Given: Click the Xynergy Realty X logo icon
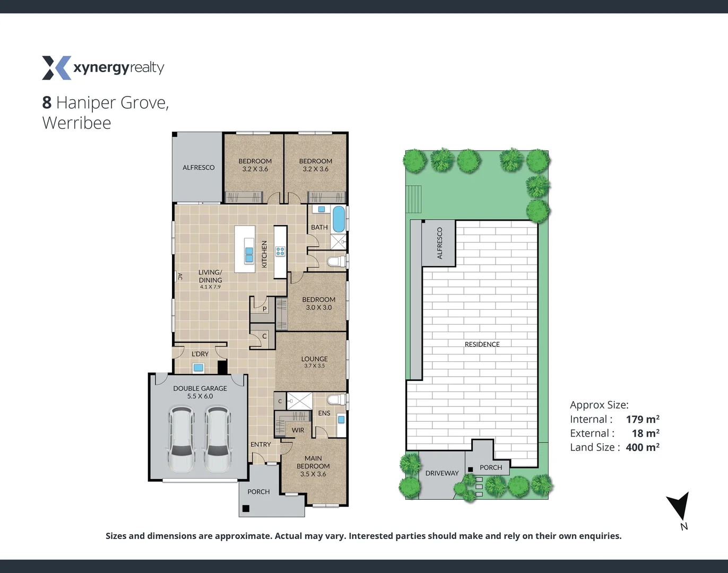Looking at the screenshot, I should (x=56, y=68).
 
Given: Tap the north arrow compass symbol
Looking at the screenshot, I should (x=679, y=507).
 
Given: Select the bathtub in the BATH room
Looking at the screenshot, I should (x=338, y=219).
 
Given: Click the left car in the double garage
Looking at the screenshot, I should (x=181, y=439).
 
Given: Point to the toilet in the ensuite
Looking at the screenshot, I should (x=336, y=399).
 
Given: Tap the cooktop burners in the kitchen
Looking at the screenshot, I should (x=280, y=251).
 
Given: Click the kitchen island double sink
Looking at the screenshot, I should (x=249, y=251).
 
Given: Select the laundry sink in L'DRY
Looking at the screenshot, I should (x=198, y=367).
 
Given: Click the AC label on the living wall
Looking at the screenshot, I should (x=180, y=276).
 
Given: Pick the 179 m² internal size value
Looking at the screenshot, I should (x=642, y=419).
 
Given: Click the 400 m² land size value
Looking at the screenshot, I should (x=642, y=447).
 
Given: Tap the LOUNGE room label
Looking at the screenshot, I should (x=314, y=359).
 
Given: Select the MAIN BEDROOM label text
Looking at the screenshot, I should (x=313, y=462).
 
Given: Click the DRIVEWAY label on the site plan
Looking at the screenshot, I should (x=441, y=473).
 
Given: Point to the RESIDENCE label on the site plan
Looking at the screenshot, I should (x=482, y=344).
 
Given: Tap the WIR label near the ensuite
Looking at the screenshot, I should (x=298, y=430).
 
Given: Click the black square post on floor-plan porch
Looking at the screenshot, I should (x=246, y=508).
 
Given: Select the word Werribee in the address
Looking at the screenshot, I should (x=76, y=123).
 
